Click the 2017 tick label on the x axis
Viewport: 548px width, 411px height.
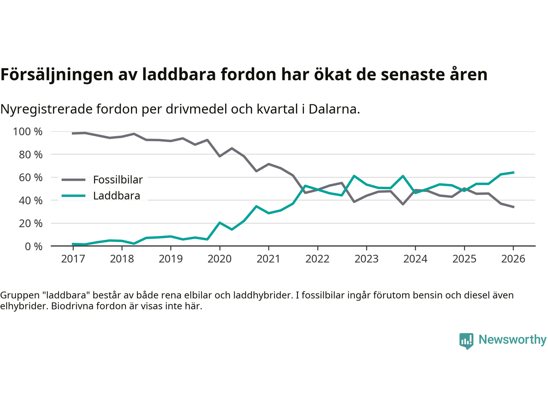click(x=73, y=259)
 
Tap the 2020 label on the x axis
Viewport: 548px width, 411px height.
click(x=220, y=259)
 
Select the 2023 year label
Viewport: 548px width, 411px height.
click(x=366, y=259)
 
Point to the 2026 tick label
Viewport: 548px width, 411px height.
click(x=513, y=259)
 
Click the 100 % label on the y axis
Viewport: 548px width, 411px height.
click(x=28, y=131)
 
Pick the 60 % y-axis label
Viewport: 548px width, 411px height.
click(x=31, y=177)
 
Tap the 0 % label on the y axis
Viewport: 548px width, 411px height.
click(x=34, y=246)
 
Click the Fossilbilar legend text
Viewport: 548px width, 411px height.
click(x=118, y=180)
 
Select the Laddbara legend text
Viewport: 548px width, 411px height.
click(x=116, y=196)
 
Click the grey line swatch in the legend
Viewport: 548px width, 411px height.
click(x=73, y=180)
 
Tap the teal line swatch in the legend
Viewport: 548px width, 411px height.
click(x=73, y=196)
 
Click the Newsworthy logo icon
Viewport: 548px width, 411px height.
click(x=466, y=341)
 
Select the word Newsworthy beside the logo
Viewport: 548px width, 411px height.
click(x=512, y=340)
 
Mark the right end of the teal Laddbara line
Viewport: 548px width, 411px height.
click(x=513, y=173)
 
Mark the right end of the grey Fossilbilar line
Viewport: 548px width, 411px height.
click(x=513, y=207)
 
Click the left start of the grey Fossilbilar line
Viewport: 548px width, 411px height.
click(x=73, y=133)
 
